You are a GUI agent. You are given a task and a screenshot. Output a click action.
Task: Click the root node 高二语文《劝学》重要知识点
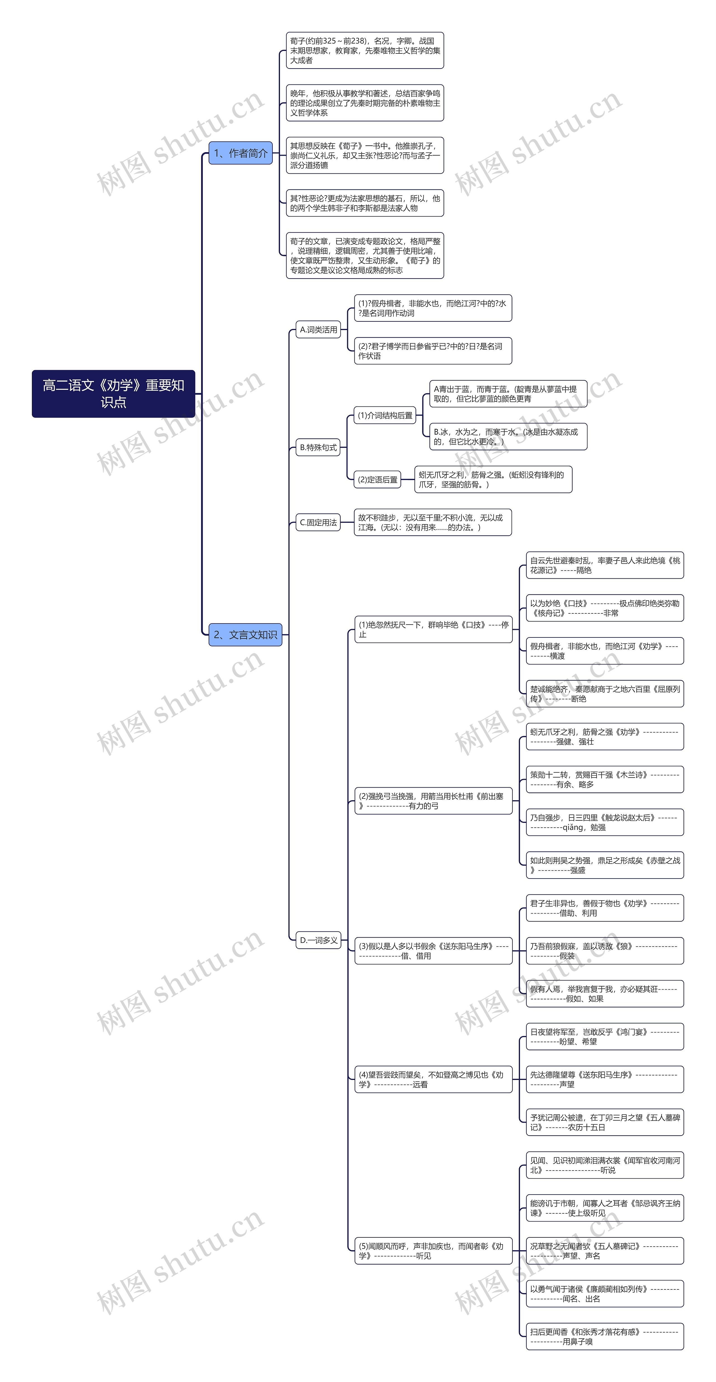113,393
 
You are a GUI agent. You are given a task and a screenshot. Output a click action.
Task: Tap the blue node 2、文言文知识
245,635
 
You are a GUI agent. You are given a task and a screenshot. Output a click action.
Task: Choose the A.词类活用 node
319,329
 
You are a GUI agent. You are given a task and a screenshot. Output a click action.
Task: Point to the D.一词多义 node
319,940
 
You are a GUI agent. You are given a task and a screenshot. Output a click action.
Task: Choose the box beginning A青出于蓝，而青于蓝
508,394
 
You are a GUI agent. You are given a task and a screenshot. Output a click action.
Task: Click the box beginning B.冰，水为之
508,437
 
